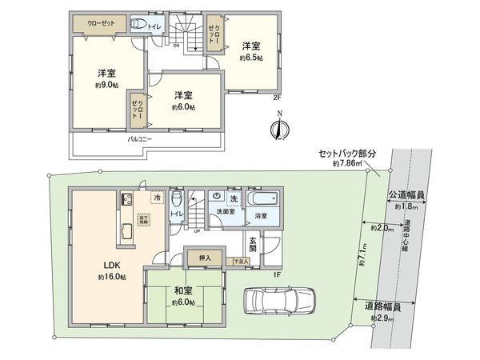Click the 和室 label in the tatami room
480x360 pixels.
tap(182, 290)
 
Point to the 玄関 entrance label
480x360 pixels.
tap(254, 242)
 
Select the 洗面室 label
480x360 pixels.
tap(226, 211)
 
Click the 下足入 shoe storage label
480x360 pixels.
tap(238, 262)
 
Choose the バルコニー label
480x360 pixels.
tap(142, 138)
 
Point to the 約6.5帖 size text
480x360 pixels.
tap(251, 58)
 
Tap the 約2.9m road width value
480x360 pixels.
tap(382, 318)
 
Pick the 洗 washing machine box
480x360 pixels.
tap(234, 197)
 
